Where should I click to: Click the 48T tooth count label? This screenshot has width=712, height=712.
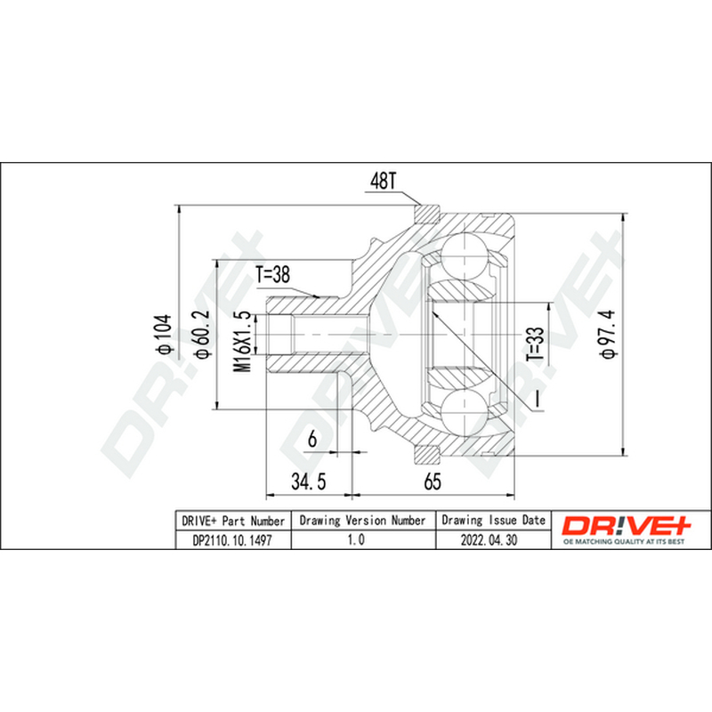pos(384,182)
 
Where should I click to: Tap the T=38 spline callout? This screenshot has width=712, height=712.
pos(272,275)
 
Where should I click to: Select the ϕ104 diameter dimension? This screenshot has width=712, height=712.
pos(163,334)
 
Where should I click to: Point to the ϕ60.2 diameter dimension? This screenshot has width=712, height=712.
pos(201,334)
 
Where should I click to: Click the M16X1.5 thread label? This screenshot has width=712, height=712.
pos(242,342)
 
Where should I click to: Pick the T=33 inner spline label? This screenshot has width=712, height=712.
pos(535,344)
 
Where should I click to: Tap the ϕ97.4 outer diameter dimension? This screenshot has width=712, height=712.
pos(608,334)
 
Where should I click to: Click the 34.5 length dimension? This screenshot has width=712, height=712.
pos(309,481)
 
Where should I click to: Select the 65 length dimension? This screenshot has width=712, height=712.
pos(433,481)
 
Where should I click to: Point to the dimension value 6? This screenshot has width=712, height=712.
pos(312,439)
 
